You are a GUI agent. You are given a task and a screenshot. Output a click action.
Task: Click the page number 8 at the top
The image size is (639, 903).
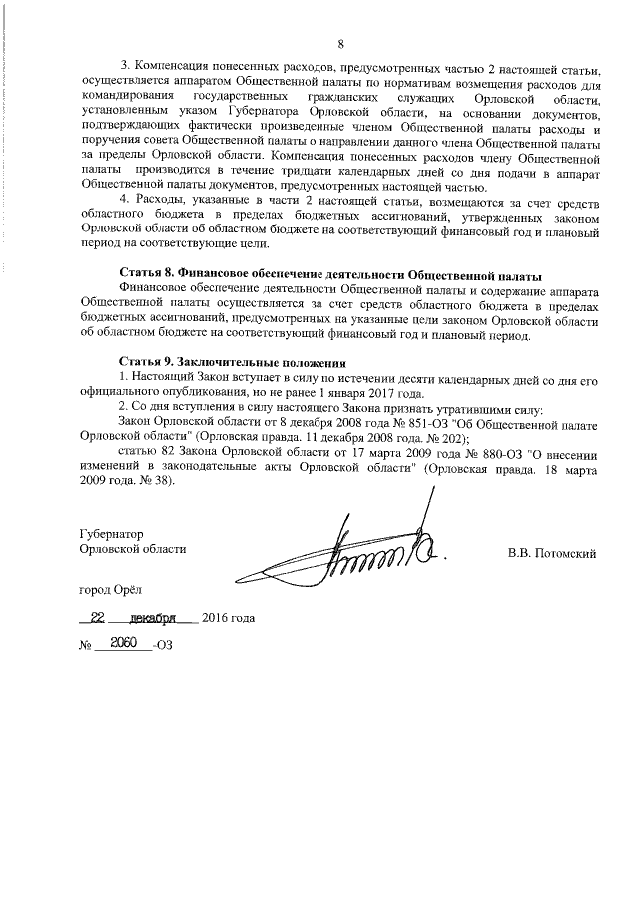coord(339,45)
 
